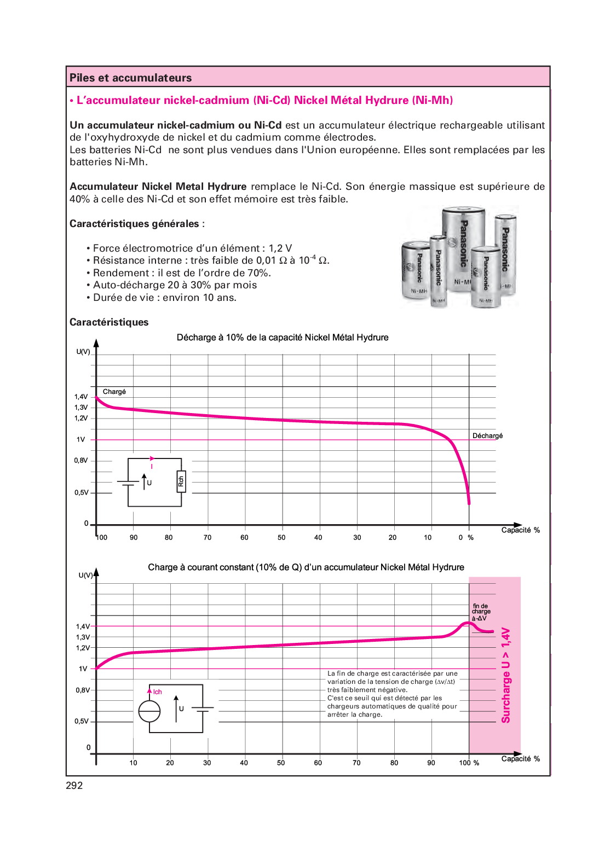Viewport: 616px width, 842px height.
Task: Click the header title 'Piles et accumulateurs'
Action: pyautogui.click(x=130, y=78)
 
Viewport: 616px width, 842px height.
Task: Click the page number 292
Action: pyautogui.click(x=74, y=786)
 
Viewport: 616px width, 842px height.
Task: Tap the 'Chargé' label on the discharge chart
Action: pyautogui.click(x=114, y=392)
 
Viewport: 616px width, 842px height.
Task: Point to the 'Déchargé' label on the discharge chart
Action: pyautogui.click(x=487, y=436)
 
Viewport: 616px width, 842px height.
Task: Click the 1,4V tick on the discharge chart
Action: pyautogui.click(x=81, y=397)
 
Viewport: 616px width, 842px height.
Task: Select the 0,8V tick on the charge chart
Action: pyautogui.click(x=83, y=690)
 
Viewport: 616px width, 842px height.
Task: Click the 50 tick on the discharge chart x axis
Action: pyautogui.click(x=281, y=538)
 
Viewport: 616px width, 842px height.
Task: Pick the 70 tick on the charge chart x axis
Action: pyautogui.click(x=356, y=763)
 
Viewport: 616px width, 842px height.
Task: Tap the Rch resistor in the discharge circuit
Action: pyautogui.click(x=181, y=481)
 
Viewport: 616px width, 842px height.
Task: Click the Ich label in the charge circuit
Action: pyautogui.click(x=157, y=692)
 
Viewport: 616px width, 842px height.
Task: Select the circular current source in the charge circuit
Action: pyautogui.click(x=149, y=711)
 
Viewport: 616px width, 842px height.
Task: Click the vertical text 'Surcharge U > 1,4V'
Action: pyautogui.click(x=506, y=675)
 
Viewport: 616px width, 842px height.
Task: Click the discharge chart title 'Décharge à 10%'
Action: pyautogui.click(x=282, y=338)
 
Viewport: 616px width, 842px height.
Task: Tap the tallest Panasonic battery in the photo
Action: pyautogui.click(x=463, y=249)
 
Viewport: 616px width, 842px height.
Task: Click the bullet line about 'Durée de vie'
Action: pyautogui.click(x=164, y=298)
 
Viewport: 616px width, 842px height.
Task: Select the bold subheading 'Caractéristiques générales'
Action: pyautogui.click(x=134, y=224)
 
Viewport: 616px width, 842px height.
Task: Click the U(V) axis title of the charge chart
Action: pyautogui.click(x=86, y=575)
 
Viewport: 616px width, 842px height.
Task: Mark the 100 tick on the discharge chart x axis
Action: pyautogui.click(x=102, y=538)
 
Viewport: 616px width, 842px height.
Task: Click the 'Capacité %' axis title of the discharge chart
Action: pyautogui.click(x=520, y=530)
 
